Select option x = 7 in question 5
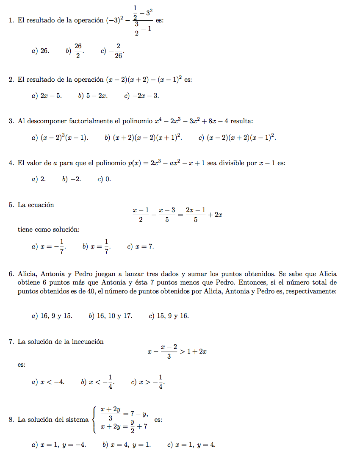(x=141, y=246)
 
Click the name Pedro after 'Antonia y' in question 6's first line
(x=80, y=274)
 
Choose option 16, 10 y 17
(x=111, y=316)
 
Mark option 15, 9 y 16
(x=169, y=316)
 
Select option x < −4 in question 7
(x=48, y=382)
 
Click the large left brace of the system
(x=94, y=420)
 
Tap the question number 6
(x=11, y=274)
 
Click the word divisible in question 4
(x=232, y=163)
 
